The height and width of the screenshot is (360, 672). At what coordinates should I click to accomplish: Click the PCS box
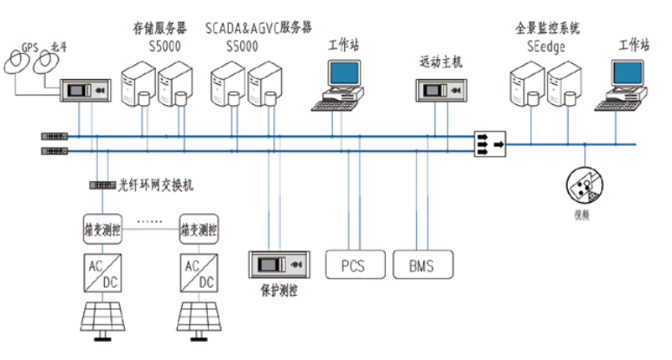354,265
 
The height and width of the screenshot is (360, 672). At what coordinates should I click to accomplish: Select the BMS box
421,265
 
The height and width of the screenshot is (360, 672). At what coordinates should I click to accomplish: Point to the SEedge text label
546,47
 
